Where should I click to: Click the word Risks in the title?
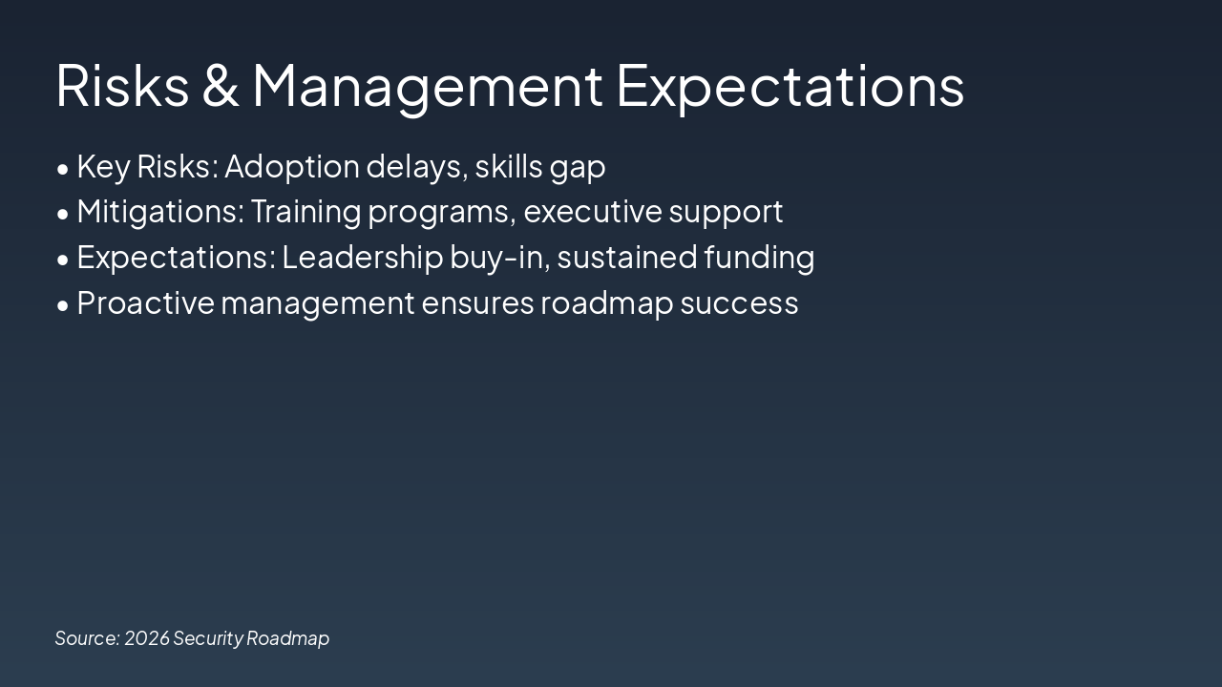[x=122, y=86]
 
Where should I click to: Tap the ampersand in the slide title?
[x=221, y=86]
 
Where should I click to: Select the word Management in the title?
[x=428, y=86]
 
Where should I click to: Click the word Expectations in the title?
[x=790, y=86]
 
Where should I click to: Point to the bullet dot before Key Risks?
[x=63, y=169]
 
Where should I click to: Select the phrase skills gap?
[x=540, y=167]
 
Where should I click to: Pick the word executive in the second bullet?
[x=592, y=212]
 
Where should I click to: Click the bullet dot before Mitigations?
[x=63, y=215]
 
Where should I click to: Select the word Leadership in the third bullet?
[x=362, y=258]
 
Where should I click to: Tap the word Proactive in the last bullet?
[x=145, y=303]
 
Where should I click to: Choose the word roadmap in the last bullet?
[x=606, y=303]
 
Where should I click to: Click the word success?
[x=739, y=303]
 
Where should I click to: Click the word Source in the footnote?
[x=87, y=638]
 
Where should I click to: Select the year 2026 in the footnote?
[x=146, y=638]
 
